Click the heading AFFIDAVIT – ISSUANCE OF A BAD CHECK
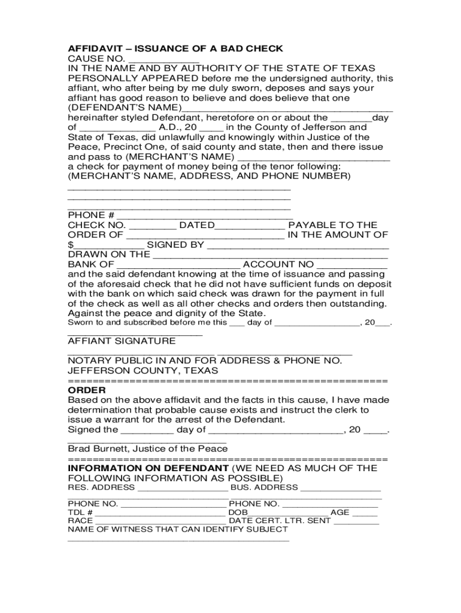pos(175,48)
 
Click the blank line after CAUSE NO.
pos(163,59)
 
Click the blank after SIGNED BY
pos(298,245)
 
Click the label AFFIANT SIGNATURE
pos(122,341)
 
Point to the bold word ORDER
pos(87,390)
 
